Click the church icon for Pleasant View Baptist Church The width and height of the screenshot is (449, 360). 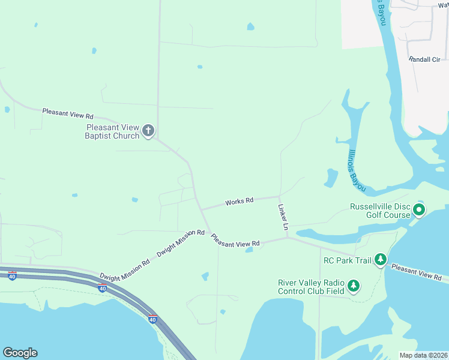click(148, 130)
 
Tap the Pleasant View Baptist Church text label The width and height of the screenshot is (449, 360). click(113, 131)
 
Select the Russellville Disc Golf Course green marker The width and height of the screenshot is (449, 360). click(419, 210)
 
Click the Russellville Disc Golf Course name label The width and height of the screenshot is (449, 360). click(380, 211)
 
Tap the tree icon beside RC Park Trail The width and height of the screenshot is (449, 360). click(380, 259)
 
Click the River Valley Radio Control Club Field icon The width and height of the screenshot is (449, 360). click(354, 286)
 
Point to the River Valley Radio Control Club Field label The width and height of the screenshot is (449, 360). click(311, 287)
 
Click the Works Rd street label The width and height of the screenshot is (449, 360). click(239, 202)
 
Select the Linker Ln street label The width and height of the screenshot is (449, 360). click(283, 217)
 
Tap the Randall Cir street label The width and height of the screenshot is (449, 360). click(424, 59)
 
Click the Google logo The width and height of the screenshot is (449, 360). click(20, 353)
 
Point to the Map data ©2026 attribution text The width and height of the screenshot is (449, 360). click(423, 355)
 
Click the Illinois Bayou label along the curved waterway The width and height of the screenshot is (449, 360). click(357, 170)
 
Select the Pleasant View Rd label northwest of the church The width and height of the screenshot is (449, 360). click(68, 113)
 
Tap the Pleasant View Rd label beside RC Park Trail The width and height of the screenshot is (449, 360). click(416, 272)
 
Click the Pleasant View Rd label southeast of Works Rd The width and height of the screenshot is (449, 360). click(235, 240)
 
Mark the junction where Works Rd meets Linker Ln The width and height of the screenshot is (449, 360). click(279, 196)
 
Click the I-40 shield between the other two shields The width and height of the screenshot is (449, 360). click(102, 289)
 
